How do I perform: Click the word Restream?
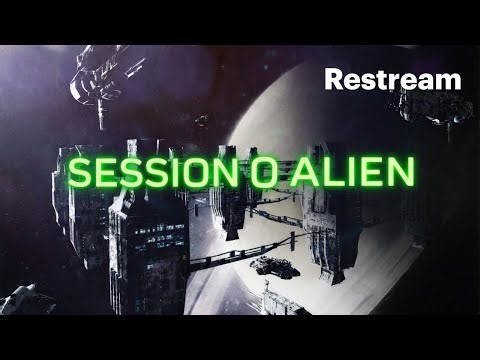393,78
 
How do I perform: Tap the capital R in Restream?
334,78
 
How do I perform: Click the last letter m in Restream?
449,80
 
